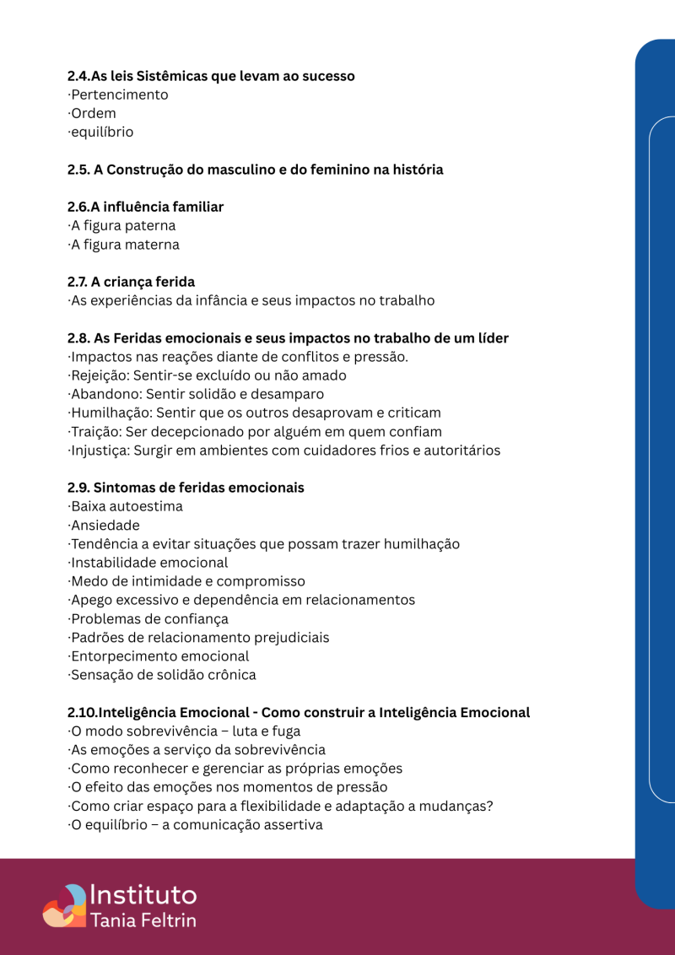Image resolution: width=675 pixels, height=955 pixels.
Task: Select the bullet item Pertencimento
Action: (x=119, y=94)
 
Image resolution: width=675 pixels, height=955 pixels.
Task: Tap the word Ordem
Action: (x=94, y=113)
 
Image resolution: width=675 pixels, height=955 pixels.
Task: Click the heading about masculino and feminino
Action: (x=255, y=170)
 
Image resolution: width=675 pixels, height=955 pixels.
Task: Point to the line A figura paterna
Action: (x=122, y=226)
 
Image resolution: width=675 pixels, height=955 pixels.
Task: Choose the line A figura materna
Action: (x=124, y=245)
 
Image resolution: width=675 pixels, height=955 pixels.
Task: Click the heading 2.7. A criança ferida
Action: (x=131, y=282)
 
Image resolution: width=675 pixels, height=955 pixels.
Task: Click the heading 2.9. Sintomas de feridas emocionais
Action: (x=186, y=488)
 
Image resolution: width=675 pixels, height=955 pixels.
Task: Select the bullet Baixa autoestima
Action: (x=126, y=506)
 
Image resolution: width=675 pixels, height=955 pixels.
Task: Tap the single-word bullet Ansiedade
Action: (x=105, y=525)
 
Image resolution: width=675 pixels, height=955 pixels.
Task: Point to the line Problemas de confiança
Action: (x=148, y=618)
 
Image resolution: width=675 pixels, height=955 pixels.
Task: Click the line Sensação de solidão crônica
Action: (x=162, y=675)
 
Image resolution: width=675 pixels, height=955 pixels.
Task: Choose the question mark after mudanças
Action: (x=489, y=807)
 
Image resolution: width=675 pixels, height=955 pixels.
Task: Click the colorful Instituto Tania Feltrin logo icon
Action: (x=64, y=905)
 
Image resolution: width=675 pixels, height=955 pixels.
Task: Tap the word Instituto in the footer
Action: (x=143, y=895)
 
